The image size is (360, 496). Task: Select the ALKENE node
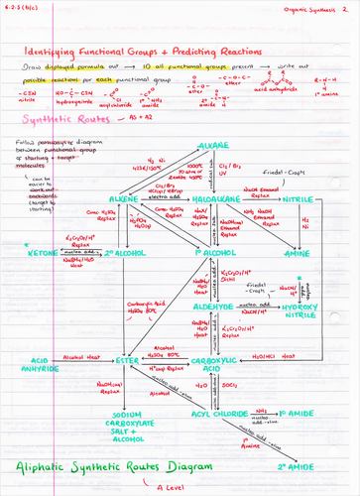point(148,199)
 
